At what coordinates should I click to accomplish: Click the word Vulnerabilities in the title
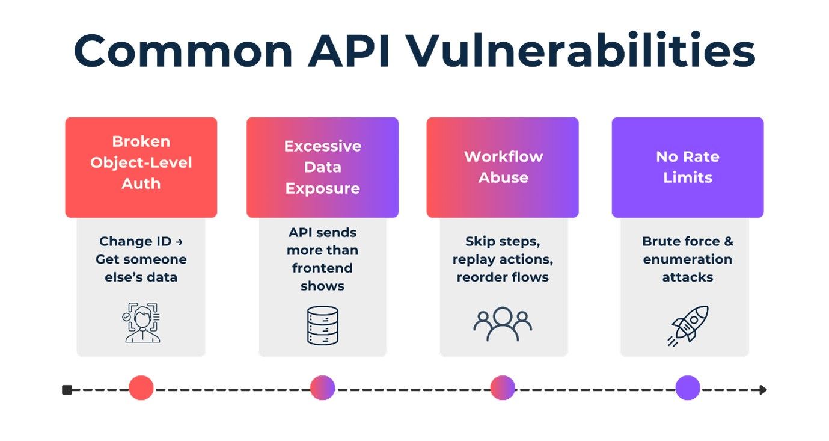pyautogui.click(x=581, y=51)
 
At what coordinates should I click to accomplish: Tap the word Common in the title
pyautogui.click(x=183, y=51)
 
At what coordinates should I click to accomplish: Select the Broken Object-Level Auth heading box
pyautogui.click(x=141, y=167)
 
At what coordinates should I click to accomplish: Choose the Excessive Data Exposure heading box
pyautogui.click(x=322, y=167)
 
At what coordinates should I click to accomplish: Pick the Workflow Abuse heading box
pyautogui.click(x=503, y=167)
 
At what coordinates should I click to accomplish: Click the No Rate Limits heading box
pyautogui.click(x=687, y=167)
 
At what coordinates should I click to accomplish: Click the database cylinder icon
pyautogui.click(x=322, y=325)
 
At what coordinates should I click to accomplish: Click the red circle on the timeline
pyautogui.click(x=141, y=388)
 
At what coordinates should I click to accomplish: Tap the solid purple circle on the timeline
pyautogui.click(x=687, y=388)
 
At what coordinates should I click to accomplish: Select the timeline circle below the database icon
pyautogui.click(x=322, y=388)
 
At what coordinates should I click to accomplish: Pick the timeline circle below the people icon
pyautogui.click(x=503, y=388)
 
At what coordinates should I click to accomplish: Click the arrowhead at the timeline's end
pyautogui.click(x=763, y=390)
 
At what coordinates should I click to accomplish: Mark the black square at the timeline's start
pyautogui.click(x=67, y=390)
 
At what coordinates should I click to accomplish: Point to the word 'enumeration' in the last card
pyautogui.click(x=687, y=259)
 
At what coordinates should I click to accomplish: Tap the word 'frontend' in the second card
pyautogui.click(x=322, y=268)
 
